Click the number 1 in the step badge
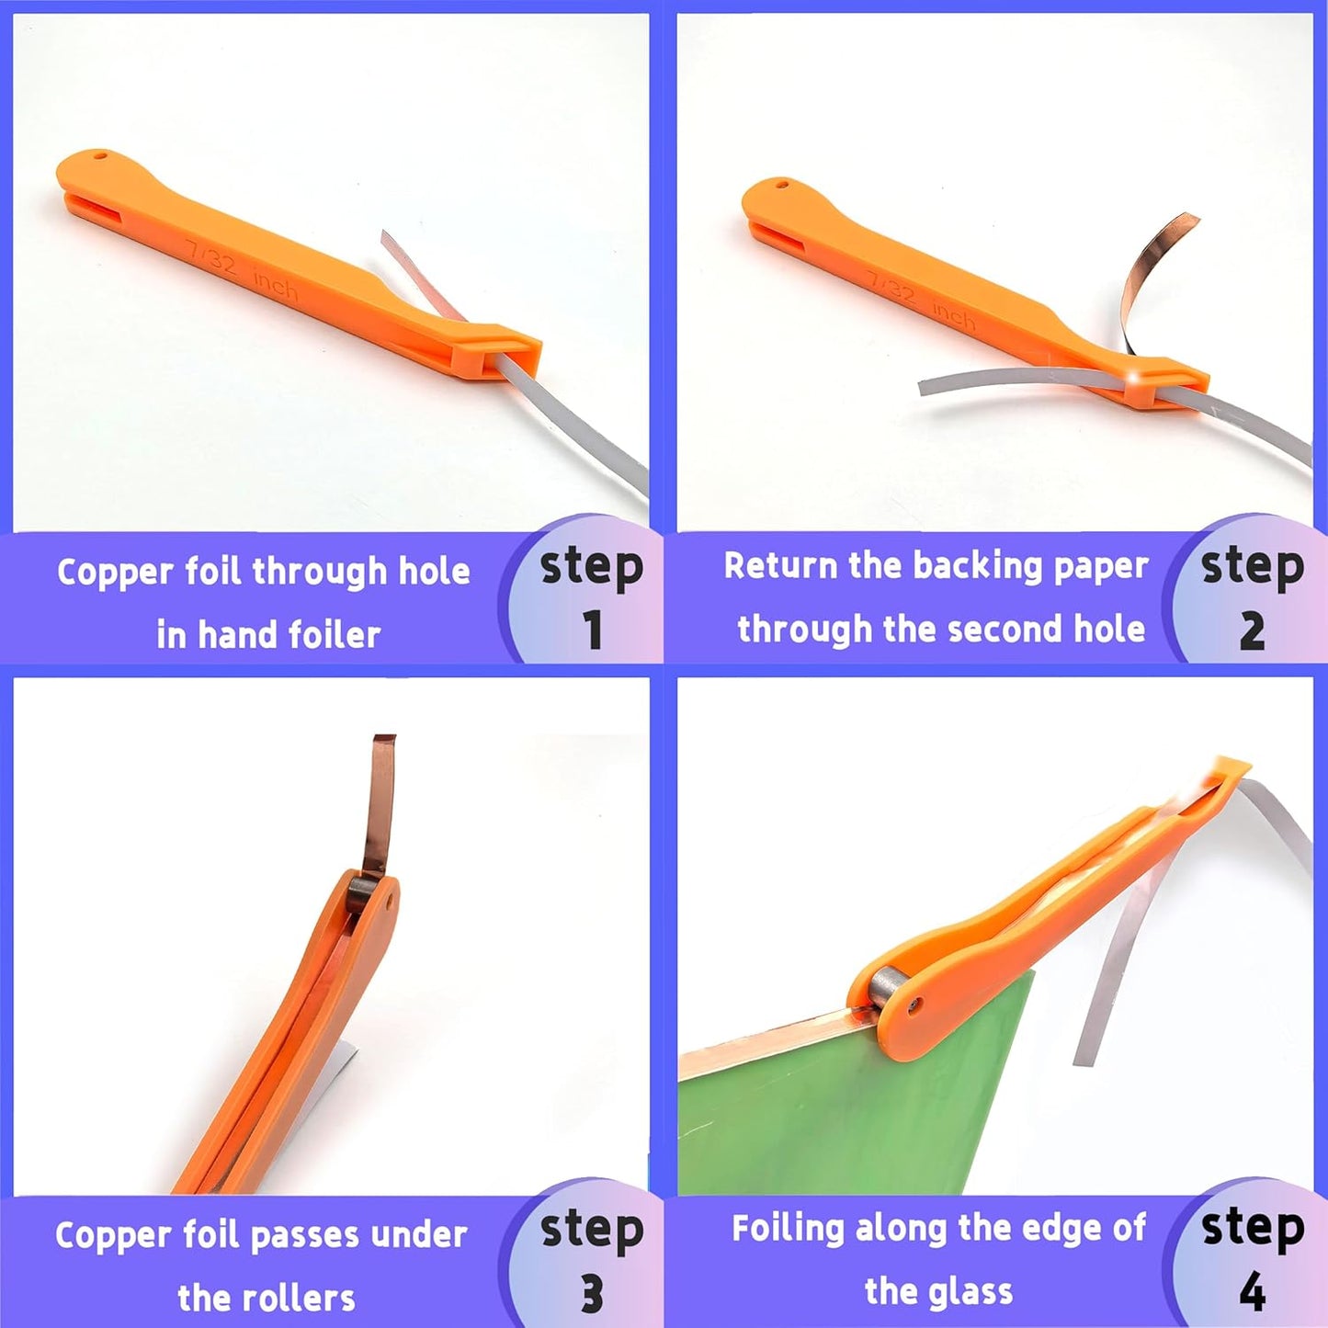click(593, 630)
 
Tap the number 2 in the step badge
click(1252, 630)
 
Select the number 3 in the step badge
click(593, 1293)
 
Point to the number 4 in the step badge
click(1252, 1293)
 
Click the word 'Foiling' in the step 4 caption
click(787, 1229)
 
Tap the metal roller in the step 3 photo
click(362, 890)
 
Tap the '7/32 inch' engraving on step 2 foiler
click(921, 301)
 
